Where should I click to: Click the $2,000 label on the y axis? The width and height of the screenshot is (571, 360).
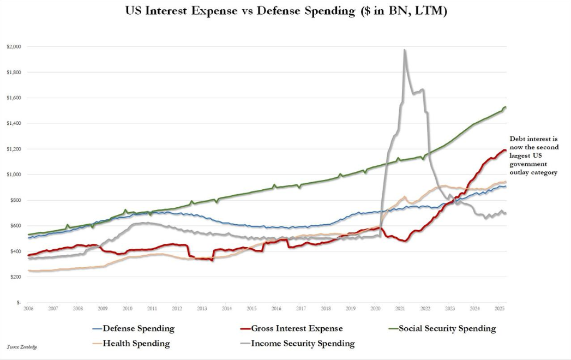pyautogui.click(x=14, y=47)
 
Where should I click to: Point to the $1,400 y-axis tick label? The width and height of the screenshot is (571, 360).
pyautogui.click(x=14, y=124)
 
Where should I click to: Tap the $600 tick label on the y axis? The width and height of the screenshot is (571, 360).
pyautogui.click(x=15, y=226)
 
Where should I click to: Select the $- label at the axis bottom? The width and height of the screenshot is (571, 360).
pyautogui.click(x=18, y=302)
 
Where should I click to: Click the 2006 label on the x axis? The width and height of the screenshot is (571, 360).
pyautogui.click(x=28, y=309)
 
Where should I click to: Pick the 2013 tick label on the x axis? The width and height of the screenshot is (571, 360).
pyautogui.click(x=201, y=309)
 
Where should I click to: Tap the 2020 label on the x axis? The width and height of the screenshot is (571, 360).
pyautogui.click(x=375, y=309)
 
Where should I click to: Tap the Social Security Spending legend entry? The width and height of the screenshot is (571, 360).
pyautogui.click(x=447, y=328)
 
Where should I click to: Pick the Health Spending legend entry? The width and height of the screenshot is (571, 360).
pyautogui.click(x=136, y=344)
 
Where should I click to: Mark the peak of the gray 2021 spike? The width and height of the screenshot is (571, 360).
pyautogui.click(x=404, y=50)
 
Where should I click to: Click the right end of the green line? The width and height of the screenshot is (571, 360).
pyautogui.click(x=506, y=107)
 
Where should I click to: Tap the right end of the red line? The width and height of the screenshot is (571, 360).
pyautogui.click(x=505, y=150)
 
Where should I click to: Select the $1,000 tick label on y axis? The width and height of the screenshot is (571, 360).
pyautogui.click(x=14, y=175)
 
